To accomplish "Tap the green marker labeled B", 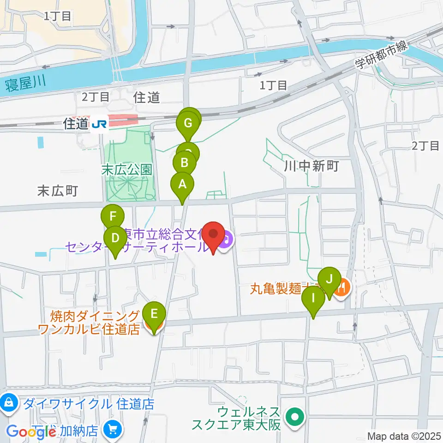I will point(185,163).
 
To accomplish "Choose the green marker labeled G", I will point(188,123).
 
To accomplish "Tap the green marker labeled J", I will point(329,279).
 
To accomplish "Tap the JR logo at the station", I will point(98,124).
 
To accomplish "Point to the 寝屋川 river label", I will point(26,84).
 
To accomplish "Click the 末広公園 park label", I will point(126,169).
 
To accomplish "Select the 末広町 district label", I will point(58,191).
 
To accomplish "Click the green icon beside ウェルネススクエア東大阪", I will point(294,418).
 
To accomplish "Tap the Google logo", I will point(31,432).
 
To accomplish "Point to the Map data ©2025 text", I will point(404,436).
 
